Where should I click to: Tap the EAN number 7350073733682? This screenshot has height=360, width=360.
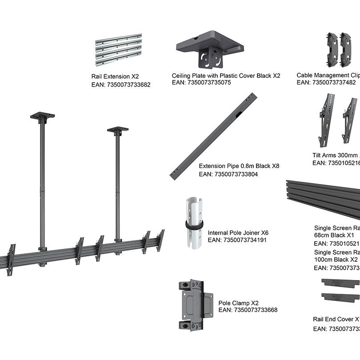120,84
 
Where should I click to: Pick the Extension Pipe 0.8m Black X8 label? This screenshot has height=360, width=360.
239,166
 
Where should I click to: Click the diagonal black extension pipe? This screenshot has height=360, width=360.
214,136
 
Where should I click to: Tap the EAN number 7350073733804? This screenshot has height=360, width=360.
228,174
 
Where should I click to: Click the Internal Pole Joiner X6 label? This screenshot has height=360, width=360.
238,232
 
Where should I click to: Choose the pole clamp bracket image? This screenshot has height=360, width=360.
195,304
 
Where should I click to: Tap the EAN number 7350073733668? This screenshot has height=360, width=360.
248,310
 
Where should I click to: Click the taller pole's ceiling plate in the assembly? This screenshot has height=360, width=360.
42,116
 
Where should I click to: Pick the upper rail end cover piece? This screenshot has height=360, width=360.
340,283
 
